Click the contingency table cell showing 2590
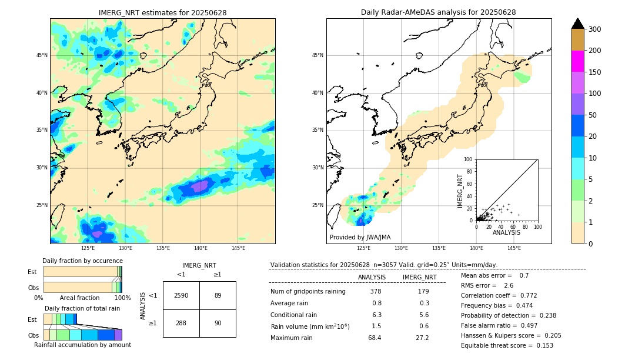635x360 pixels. point(181,295)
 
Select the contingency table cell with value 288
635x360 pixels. point(181,323)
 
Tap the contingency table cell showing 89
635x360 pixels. point(218,295)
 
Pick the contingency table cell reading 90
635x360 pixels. point(218,323)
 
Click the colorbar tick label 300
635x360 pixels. point(596,29)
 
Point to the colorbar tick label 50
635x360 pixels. point(593,115)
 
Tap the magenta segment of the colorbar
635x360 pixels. point(577,61)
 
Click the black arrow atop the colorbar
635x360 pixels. point(577,24)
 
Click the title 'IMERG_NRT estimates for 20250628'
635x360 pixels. point(162,12)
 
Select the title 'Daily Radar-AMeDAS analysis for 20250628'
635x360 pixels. point(439,12)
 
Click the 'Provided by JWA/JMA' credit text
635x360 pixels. point(360,238)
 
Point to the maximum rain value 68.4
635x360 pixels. point(375,338)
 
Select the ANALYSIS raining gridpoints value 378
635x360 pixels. point(376,291)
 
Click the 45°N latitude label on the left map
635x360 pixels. point(42,55)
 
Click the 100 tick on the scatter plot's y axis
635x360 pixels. point(469,159)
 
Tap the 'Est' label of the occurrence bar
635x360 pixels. point(32,272)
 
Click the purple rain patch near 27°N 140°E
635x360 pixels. point(200,186)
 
